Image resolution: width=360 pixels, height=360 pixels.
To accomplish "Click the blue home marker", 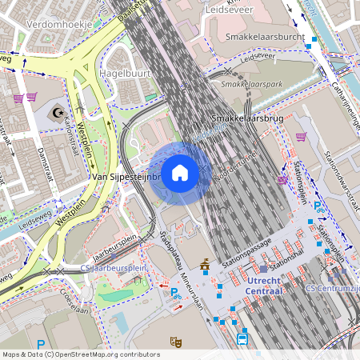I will pyautogui.click(x=180, y=173).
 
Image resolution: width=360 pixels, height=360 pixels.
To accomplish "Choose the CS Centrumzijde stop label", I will pyautogui.click(x=334, y=287).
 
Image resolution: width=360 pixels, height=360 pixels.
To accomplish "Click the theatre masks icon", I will pyautogui.click(x=175, y=342).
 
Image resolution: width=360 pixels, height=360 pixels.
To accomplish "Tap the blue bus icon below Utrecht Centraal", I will pyautogui.click(x=242, y=339).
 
